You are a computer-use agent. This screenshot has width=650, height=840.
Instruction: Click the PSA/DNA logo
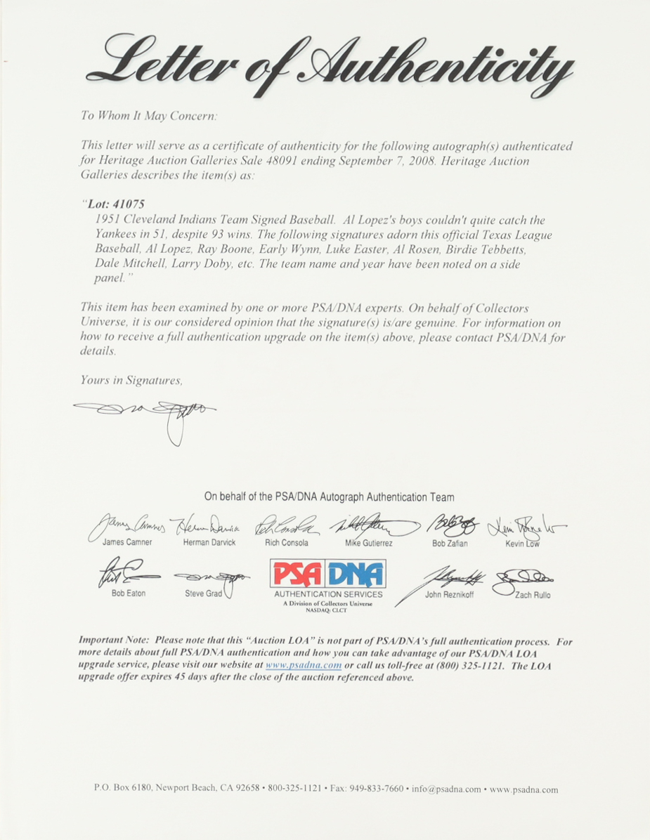point(327,575)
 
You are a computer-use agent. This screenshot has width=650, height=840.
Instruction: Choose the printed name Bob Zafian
point(450,543)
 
